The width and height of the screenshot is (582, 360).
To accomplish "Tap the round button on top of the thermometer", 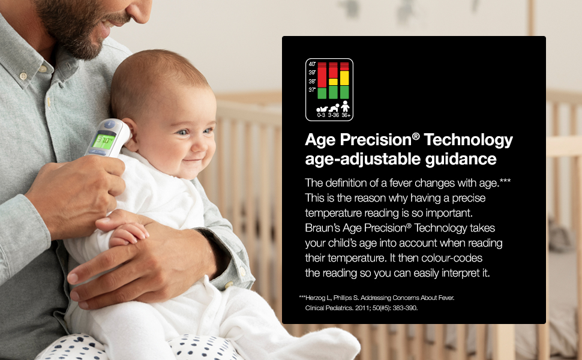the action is coord(109,124).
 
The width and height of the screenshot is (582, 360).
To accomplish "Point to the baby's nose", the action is coord(203,144).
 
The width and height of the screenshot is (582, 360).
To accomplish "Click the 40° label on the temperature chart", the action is coord(312,64).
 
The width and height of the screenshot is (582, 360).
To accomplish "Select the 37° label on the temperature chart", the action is coord(312,90).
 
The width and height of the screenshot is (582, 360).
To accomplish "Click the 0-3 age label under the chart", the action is coord(321,115).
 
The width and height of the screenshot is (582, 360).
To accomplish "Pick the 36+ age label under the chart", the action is coord(346,115).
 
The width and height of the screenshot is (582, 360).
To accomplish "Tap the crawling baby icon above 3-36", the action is coord(334,108).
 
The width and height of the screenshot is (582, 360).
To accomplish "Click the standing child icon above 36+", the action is coord(345,106).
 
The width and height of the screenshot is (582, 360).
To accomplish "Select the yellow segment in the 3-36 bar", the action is coord(334,82).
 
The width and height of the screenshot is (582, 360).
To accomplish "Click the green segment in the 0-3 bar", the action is coord(322,93).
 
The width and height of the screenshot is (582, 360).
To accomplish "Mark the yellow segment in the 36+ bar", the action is coord(345,79).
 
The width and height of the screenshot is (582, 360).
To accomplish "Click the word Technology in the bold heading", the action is coord(469,140).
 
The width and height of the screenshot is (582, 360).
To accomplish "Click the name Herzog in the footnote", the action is coord(316,298).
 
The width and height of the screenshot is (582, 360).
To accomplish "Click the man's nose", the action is coord(140,12).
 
